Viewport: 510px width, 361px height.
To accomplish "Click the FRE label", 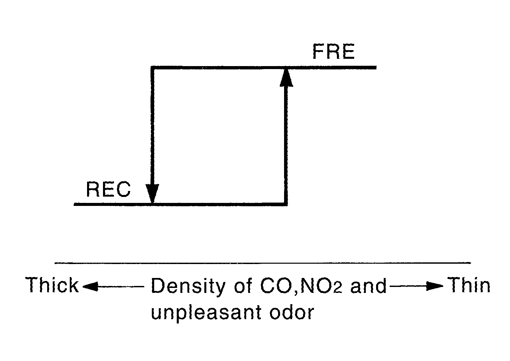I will pyautogui.click(x=334, y=52).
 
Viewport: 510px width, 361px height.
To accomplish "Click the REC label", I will pyautogui.click(x=108, y=190).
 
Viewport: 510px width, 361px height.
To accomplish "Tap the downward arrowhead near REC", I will pyautogui.click(x=152, y=193).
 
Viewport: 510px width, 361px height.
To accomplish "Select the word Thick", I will pyautogui.click(x=52, y=285).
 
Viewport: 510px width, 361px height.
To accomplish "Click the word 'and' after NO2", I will pyautogui.click(x=369, y=286).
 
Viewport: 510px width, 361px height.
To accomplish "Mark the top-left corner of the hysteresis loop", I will pyautogui.click(x=152, y=68).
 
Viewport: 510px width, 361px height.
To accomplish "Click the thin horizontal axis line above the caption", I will pyautogui.click(x=262, y=263).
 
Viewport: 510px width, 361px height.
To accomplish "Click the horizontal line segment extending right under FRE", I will pyautogui.click(x=332, y=68).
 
